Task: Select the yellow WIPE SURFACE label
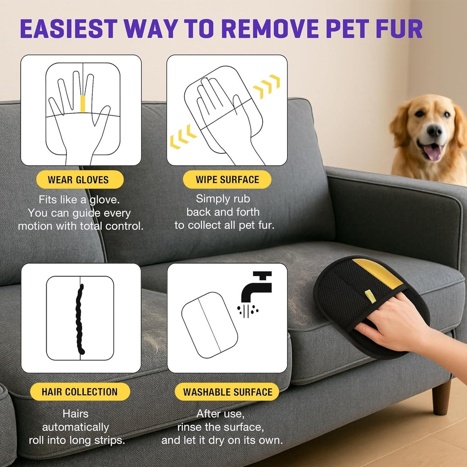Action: pos(227,180)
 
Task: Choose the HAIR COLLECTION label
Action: pos(80,392)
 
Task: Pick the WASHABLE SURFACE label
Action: pos(227,392)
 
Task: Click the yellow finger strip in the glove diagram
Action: pos(83,104)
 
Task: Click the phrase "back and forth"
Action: pos(223,212)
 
